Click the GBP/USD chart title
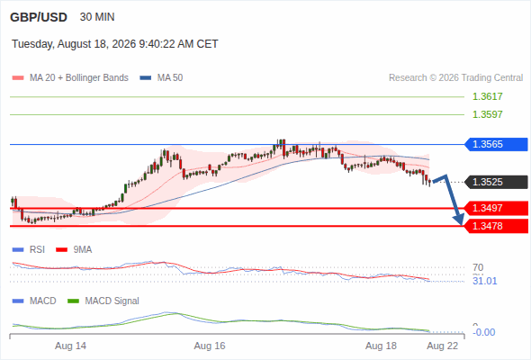click(39, 17)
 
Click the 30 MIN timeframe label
click(97, 17)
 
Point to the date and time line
click(115, 44)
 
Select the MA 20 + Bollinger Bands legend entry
click(70, 78)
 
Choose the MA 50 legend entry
click(161, 78)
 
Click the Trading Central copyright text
click(455, 78)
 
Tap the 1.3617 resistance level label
click(487, 96)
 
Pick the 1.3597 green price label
click(487, 114)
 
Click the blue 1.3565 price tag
click(496, 144)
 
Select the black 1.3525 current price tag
click(496, 182)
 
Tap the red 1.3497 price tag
click(496, 208)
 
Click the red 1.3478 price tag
click(496, 226)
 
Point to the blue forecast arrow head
click(459, 220)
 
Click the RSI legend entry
click(29, 250)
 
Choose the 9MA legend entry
click(74, 250)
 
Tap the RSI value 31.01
click(485, 281)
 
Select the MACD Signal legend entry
click(103, 301)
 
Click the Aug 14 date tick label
click(70, 346)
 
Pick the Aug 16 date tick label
click(210, 346)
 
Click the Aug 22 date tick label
click(443, 346)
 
